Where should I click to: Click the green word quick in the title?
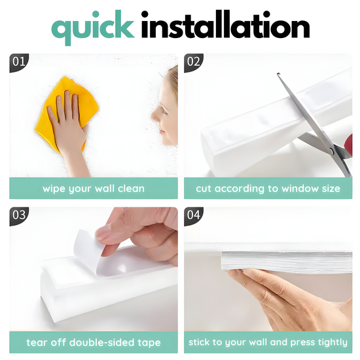[93, 27]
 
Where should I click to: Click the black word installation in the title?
[225, 25]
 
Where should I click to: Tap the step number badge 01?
[19, 62]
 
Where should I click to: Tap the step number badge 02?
[193, 62]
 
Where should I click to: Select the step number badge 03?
[19, 216]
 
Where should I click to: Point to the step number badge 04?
[193, 216]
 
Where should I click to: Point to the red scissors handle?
[349, 145]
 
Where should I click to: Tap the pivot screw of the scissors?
[331, 151]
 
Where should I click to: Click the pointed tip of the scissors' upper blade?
[278, 74]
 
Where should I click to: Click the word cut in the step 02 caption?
[204, 189]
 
